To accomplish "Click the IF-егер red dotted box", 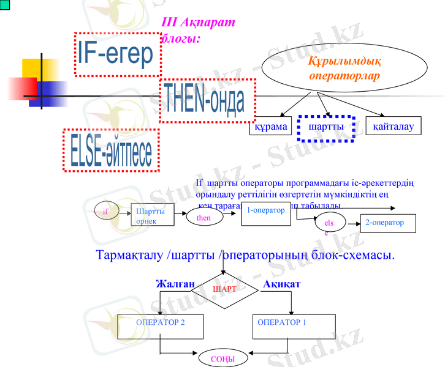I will [x=115, y=54].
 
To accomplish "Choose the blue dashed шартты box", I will [x=325, y=127].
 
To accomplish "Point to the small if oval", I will [x=105, y=211].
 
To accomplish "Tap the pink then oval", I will [x=204, y=218].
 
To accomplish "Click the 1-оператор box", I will [x=265, y=212].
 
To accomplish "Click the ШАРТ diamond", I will [x=224, y=288].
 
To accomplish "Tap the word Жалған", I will [x=175, y=284].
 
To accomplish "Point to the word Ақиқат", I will [x=282, y=284].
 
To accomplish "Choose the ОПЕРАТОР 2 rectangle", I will [x=161, y=326].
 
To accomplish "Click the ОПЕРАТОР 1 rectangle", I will [x=294, y=326].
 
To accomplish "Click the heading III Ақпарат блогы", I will [x=197, y=30].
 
